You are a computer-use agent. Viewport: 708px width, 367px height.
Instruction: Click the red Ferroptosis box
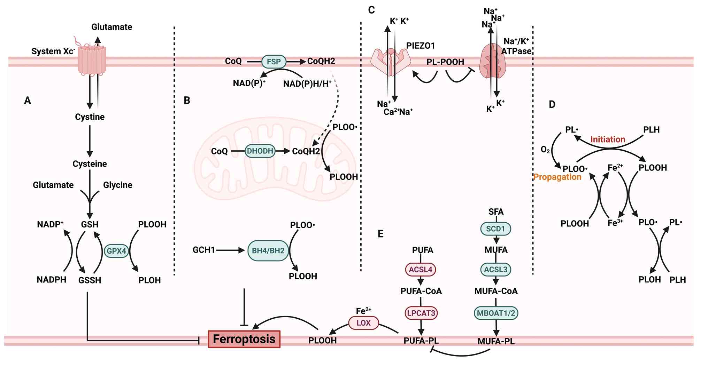pyautogui.click(x=244, y=339)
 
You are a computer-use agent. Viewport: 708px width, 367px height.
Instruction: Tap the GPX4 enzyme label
pyautogui.click(x=116, y=251)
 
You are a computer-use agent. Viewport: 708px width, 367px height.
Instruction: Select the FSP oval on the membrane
pyautogui.click(x=274, y=62)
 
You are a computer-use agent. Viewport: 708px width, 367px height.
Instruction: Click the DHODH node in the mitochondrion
pyautogui.click(x=260, y=151)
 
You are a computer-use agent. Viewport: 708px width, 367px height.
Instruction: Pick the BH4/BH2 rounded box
pyautogui.click(x=268, y=250)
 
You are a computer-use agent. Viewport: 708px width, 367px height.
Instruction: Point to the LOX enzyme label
pyautogui.click(x=363, y=323)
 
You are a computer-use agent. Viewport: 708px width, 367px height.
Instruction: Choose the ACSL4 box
pyautogui.click(x=421, y=269)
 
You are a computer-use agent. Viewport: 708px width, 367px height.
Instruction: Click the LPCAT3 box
pyautogui.click(x=421, y=313)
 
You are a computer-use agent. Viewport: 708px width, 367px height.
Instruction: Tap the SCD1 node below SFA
pyautogui.click(x=495, y=229)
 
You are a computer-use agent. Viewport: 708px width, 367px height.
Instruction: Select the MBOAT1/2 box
pyautogui.click(x=496, y=313)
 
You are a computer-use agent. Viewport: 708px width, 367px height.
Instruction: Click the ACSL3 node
pyautogui.click(x=496, y=269)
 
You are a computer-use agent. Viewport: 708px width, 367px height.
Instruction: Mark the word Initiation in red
pyautogui.click(x=608, y=139)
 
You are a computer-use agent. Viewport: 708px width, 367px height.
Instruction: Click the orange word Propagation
pyautogui.click(x=557, y=177)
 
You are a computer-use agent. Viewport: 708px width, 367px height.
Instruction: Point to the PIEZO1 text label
pyautogui.click(x=420, y=46)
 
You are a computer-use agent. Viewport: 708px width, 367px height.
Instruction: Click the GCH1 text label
pyautogui.click(x=204, y=250)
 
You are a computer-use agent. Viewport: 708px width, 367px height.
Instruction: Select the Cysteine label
pyautogui.click(x=90, y=164)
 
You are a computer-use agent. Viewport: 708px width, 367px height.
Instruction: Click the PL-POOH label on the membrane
pyautogui.click(x=445, y=62)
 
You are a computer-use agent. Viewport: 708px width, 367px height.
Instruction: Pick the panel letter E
pyautogui.click(x=380, y=234)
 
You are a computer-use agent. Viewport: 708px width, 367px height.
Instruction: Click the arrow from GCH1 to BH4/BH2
pyautogui.click(x=230, y=250)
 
